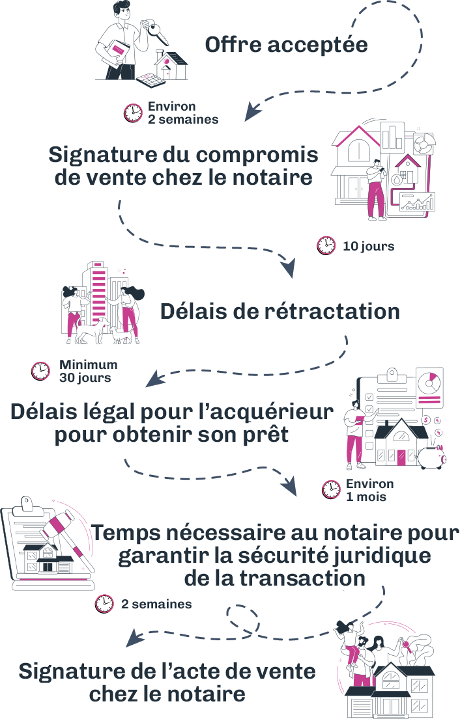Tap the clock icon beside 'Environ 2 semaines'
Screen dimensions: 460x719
pyautogui.click(x=133, y=113)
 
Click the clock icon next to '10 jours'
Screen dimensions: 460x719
pyautogui.click(x=326, y=246)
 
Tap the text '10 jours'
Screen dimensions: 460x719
pyautogui.click(x=369, y=246)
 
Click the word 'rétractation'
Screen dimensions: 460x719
pyautogui.click(x=332, y=312)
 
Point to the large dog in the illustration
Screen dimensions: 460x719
pyautogui.click(x=91, y=330)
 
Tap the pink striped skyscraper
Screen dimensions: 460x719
pyautogui.click(x=98, y=293)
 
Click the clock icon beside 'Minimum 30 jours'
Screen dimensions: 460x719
pyautogui.click(x=40, y=371)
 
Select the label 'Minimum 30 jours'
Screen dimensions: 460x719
pyautogui.click(x=88, y=372)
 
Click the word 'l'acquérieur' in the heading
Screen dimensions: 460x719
pyautogui.click(x=266, y=413)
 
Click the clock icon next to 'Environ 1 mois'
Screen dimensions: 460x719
pyautogui.click(x=330, y=490)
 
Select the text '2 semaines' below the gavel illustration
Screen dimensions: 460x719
pyautogui.click(x=156, y=604)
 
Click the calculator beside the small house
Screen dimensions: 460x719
pyautogui.click(x=151, y=79)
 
